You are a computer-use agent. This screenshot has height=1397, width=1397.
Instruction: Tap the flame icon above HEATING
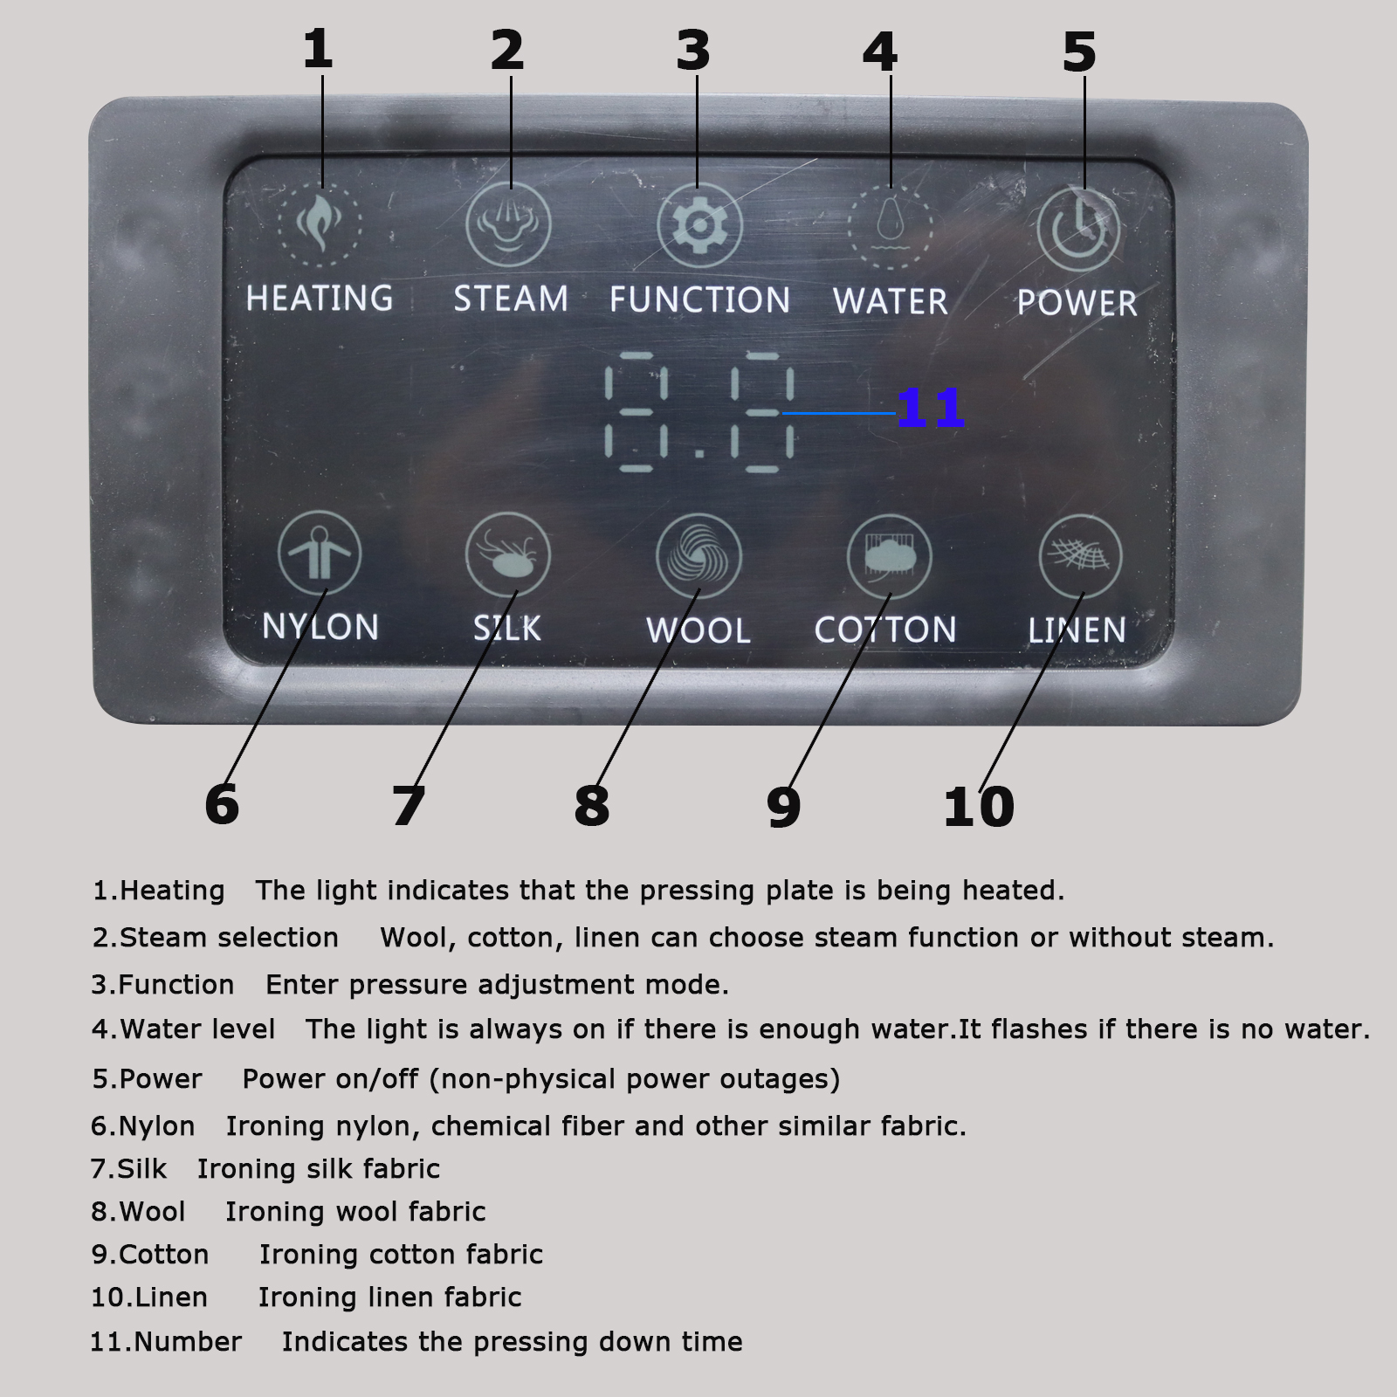(320, 224)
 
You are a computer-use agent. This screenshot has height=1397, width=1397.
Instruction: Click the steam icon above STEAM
(509, 224)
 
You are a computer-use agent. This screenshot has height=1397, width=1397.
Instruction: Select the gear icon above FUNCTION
(698, 226)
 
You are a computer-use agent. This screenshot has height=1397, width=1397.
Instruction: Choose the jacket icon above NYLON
(320, 554)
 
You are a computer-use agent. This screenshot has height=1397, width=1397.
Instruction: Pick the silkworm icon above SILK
(508, 554)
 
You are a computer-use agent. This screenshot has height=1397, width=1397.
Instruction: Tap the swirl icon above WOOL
(698, 556)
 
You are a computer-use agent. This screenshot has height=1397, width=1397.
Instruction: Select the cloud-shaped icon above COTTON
(890, 557)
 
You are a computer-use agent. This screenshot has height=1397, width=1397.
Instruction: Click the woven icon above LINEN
(1081, 557)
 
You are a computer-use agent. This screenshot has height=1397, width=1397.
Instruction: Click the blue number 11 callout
(931, 408)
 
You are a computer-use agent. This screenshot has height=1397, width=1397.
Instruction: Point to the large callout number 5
(1079, 52)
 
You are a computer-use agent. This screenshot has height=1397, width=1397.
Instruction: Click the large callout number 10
(979, 806)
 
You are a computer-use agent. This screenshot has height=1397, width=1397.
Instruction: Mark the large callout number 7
(409, 806)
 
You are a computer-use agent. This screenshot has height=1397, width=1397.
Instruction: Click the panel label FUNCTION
(699, 299)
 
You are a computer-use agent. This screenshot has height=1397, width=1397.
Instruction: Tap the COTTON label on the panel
(885, 630)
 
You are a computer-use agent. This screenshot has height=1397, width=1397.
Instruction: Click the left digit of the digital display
(637, 411)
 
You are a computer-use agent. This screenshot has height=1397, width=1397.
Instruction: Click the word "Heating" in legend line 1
(172, 891)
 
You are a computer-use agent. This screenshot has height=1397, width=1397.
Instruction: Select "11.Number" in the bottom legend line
(166, 1341)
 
